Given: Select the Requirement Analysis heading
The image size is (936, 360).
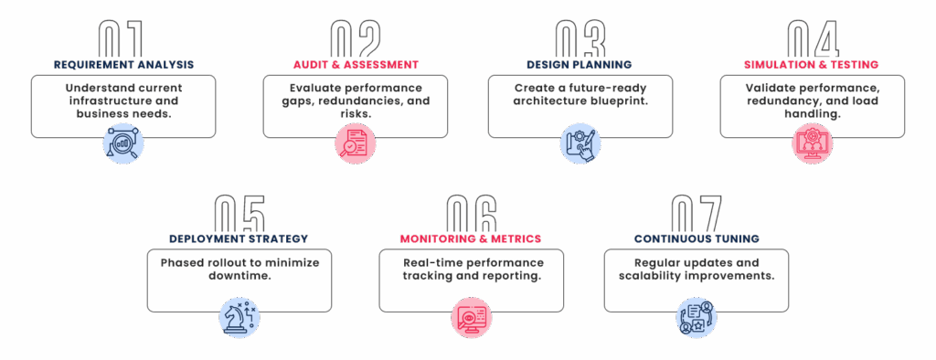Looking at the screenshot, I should [x=123, y=65].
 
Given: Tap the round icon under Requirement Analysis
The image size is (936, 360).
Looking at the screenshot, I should [x=123, y=143].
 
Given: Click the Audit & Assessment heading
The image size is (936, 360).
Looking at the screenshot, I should [x=356, y=65].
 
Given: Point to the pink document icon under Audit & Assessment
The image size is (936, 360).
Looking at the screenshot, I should [x=355, y=143].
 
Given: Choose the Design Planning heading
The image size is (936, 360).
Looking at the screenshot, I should [x=580, y=65].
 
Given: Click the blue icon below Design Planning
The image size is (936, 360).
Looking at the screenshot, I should [x=580, y=143].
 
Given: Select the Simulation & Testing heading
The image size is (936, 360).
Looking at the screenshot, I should [x=812, y=65].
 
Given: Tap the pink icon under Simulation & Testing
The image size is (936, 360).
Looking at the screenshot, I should [x=812, y=143].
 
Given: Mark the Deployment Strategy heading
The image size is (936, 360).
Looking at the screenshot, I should [x=239, y=238].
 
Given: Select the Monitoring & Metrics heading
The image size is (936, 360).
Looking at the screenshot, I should [x=471, y=238].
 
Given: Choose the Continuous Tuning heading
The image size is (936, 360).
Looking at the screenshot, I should [x=697, y=238].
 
